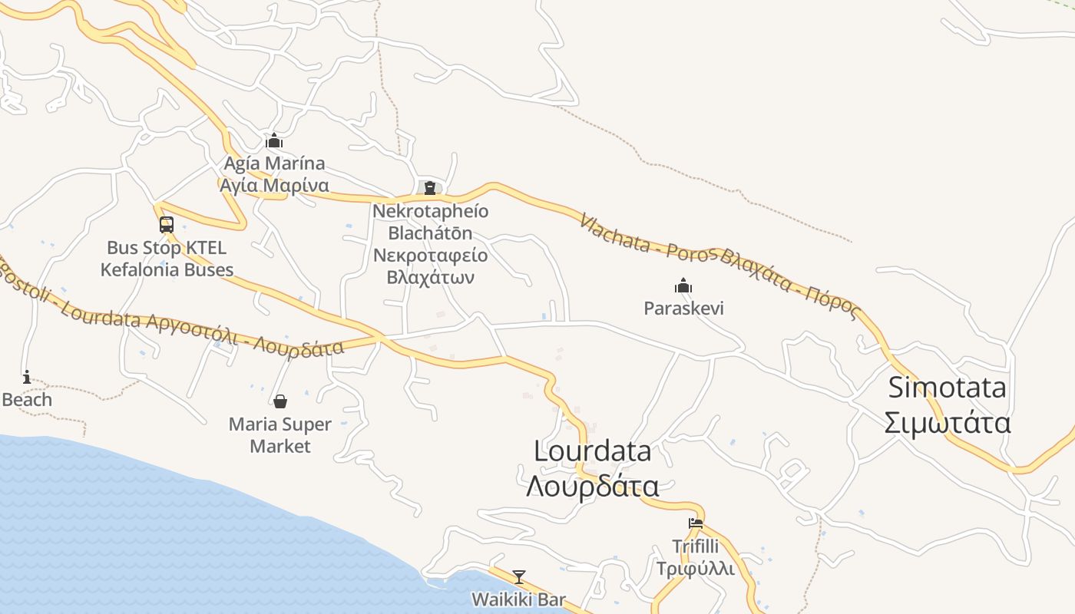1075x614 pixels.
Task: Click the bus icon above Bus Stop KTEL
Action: coord(167,225)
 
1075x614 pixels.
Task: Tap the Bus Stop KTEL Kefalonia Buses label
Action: coord(167,259)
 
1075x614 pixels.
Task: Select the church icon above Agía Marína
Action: coord(274,141)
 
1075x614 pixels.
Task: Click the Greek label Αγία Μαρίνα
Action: coord(274,185)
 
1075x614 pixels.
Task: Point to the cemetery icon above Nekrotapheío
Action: coord(430,188)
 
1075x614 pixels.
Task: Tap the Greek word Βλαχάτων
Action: coord(431,276)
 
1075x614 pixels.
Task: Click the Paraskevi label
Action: coord(683,309)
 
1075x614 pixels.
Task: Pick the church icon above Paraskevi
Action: coord(683,286)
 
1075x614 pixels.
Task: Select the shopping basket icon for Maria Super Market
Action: coord(280,401)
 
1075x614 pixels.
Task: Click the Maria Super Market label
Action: coord(280,434)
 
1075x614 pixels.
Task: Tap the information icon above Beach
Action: coord(27,377)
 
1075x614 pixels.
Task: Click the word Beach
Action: coord(27,400)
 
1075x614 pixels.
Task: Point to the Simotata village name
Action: coord(947,388)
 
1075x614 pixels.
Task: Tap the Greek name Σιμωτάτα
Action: coord(947,423)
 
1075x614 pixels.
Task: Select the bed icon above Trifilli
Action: coord(696,523)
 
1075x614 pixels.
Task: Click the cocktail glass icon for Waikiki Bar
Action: coord(519,576)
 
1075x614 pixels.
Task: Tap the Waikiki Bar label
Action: coord(519,599)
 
